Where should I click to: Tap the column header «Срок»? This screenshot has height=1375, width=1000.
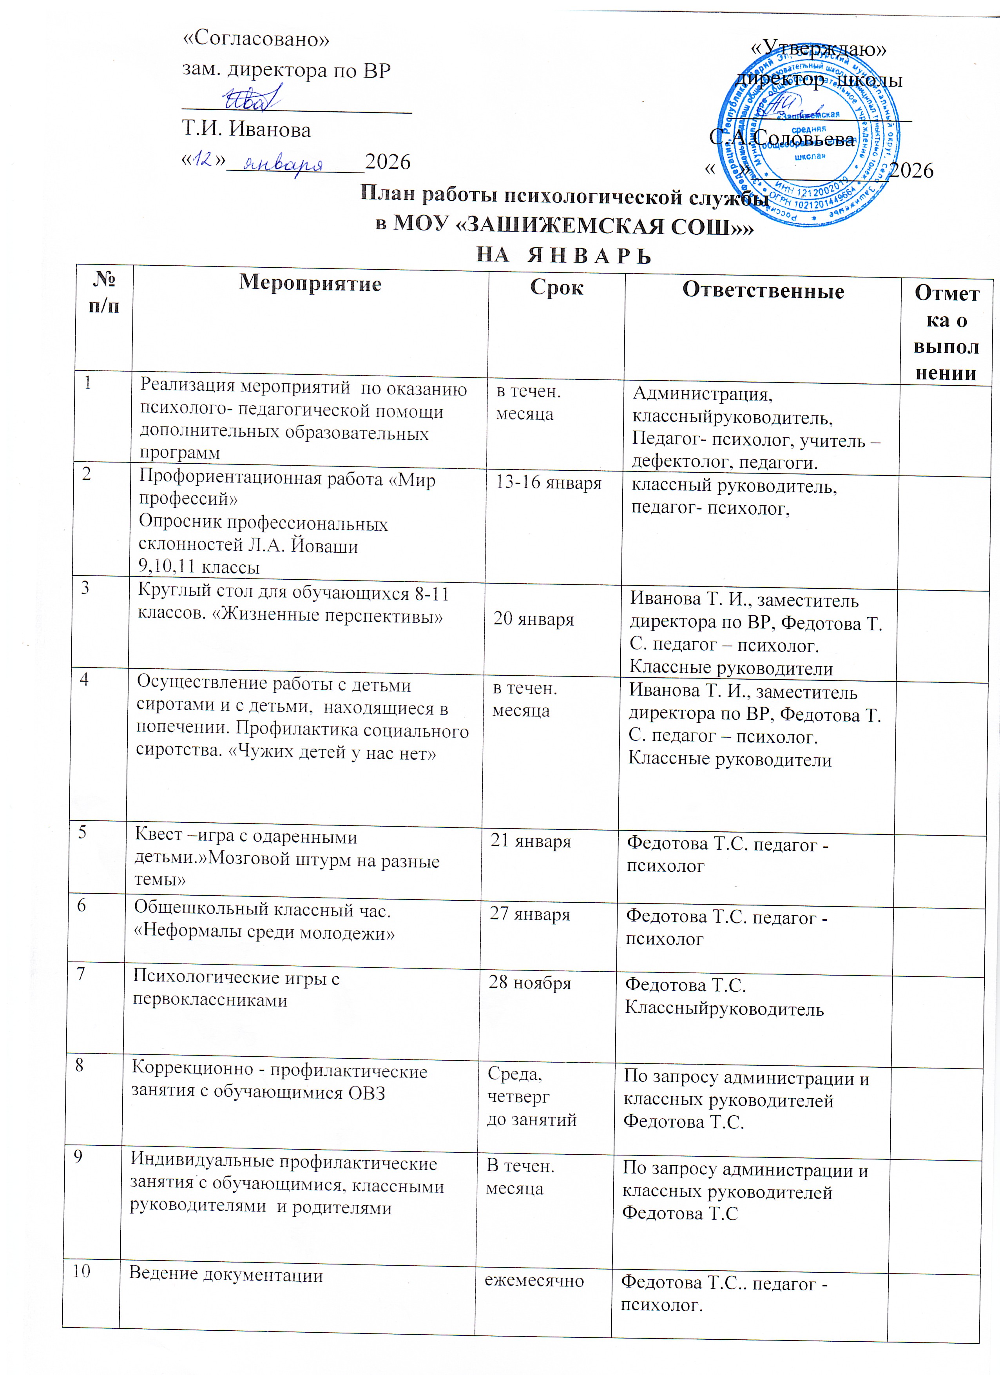(556, 287)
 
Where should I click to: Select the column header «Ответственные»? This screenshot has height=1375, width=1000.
(763, 291)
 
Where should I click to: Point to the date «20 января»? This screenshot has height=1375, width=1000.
(533, 619)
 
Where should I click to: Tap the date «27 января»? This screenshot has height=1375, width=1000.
(530, 914)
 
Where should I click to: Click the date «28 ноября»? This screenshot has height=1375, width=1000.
(530, 982)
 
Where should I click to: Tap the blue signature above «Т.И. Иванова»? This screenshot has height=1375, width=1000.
(252, 98)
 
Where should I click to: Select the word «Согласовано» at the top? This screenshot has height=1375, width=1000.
(256, 39)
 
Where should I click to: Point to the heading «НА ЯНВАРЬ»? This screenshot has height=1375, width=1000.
(563, 255)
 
